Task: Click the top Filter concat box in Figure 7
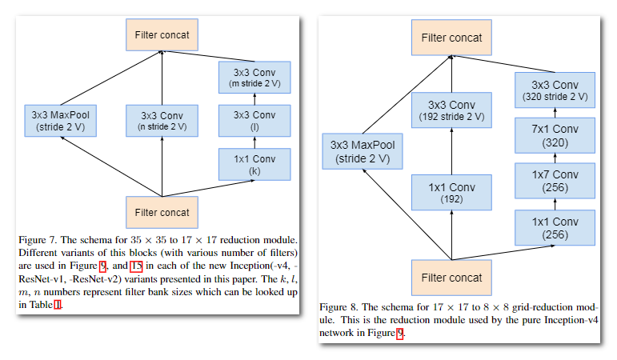tap(162, 35)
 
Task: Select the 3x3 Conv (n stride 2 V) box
tap(162, 121)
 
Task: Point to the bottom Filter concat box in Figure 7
tap(162, 212)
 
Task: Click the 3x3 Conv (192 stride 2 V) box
tap(451, 112)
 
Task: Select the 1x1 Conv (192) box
tap(451, 193)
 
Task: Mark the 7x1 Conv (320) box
tap(555, 135)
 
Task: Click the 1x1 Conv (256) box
tap(555, 228)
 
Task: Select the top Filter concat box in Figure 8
tap(451, 37)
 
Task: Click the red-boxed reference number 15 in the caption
tap(136, 267)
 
